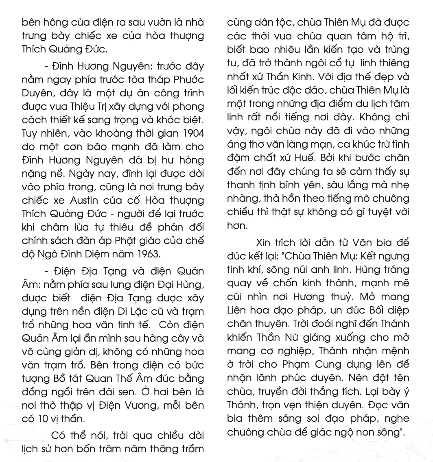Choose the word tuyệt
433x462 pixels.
click(377, 212)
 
